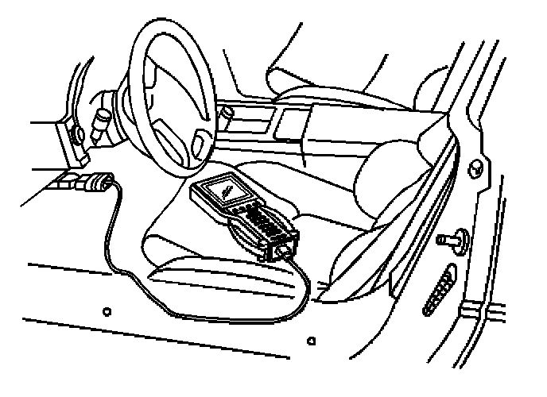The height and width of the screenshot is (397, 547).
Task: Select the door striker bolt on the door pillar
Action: pos(449,239)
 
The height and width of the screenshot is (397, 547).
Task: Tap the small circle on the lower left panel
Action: pos(107,308)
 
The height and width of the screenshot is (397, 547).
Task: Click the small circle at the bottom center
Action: pos(312,341)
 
